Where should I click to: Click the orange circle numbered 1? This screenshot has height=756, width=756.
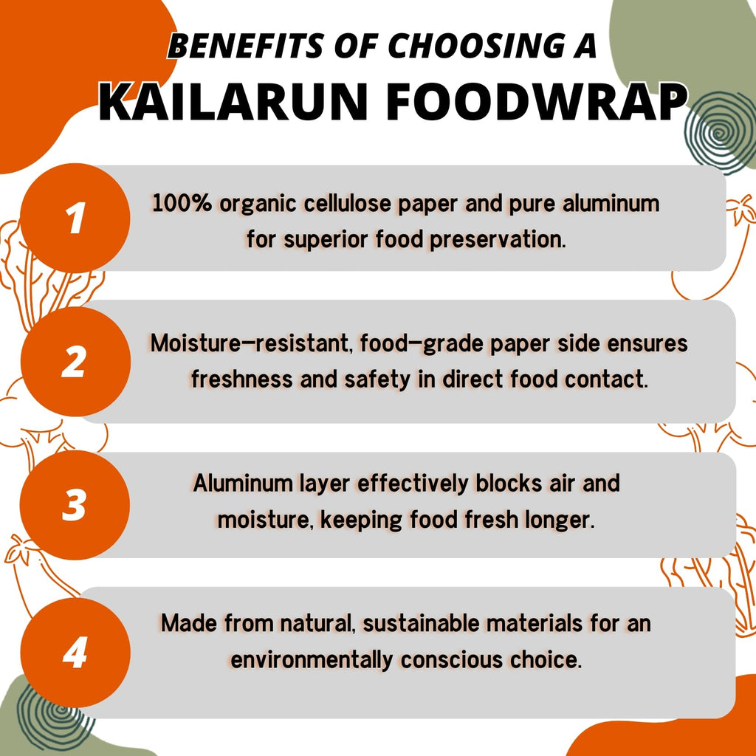[x=75, y=219]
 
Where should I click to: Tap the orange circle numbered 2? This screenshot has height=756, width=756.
[x=75, y=362]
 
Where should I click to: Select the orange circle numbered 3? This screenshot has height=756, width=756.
[x=75, y=506]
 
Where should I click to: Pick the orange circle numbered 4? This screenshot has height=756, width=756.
[x=75, y=653]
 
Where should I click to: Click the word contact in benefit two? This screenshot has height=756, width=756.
[x=607, y=379]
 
